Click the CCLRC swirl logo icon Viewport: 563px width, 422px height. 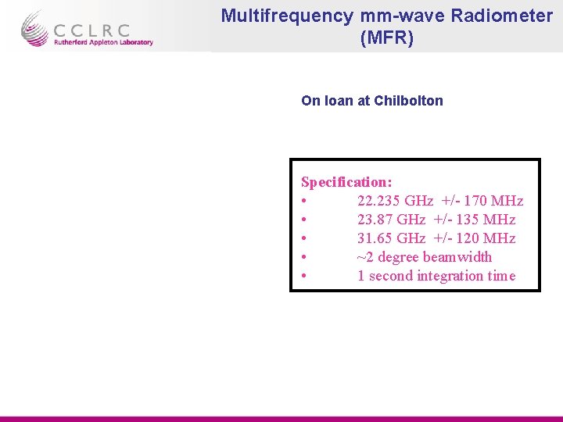click(34, 28)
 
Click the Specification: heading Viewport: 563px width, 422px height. click(346, 182)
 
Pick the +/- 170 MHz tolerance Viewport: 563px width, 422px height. click(482, 201)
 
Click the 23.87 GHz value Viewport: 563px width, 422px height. click(391, 220)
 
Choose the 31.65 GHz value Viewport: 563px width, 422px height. click(391, 238)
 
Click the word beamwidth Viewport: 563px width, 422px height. click(457, 257)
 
